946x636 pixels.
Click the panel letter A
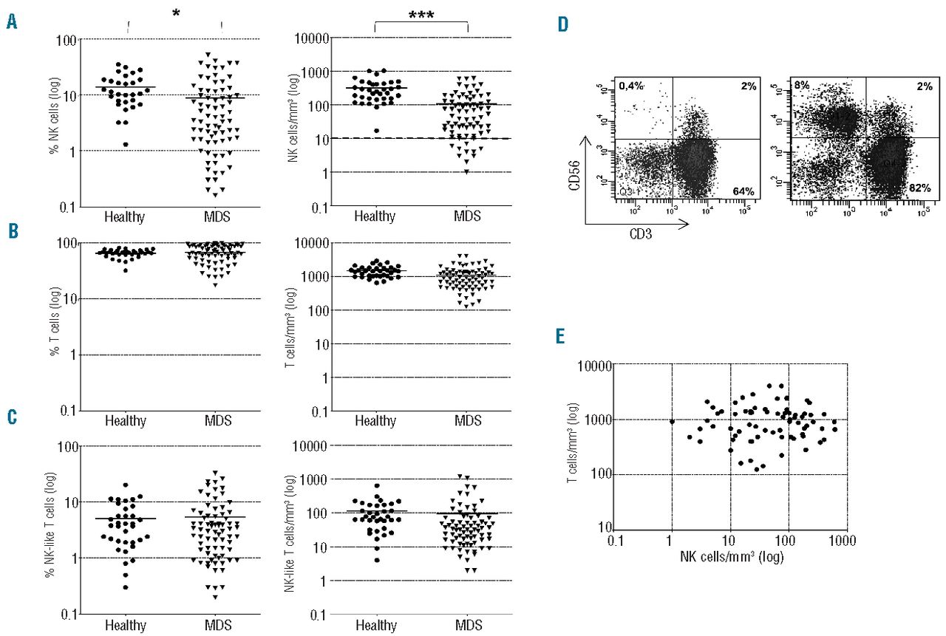coord(12,23)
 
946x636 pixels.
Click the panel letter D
coord(564,25)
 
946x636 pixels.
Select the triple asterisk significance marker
coord(422,14)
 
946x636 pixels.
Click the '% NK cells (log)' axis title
coord(57,122)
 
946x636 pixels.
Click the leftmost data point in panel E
coord(672,422)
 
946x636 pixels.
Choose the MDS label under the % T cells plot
coord(218,421)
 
